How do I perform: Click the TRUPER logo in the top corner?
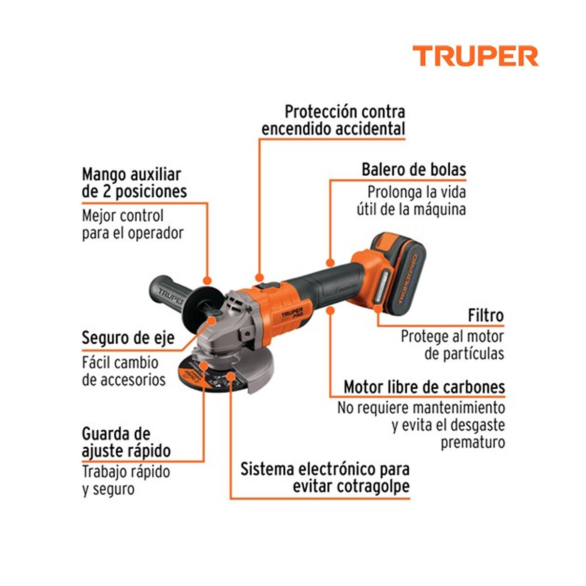[475, 56]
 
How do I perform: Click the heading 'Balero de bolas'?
[414, 169]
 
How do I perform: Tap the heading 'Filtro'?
[485, 315]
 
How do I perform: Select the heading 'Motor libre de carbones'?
[424, 387]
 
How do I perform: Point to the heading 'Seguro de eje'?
[128, 338]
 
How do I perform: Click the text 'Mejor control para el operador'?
[132, 224]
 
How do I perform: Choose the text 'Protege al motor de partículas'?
[452, 345]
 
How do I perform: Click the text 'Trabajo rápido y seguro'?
[126, 480]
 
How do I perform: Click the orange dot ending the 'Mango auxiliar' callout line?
[207, 281]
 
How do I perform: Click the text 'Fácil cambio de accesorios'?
[124, 371]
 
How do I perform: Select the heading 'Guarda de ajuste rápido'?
[126, 442]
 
